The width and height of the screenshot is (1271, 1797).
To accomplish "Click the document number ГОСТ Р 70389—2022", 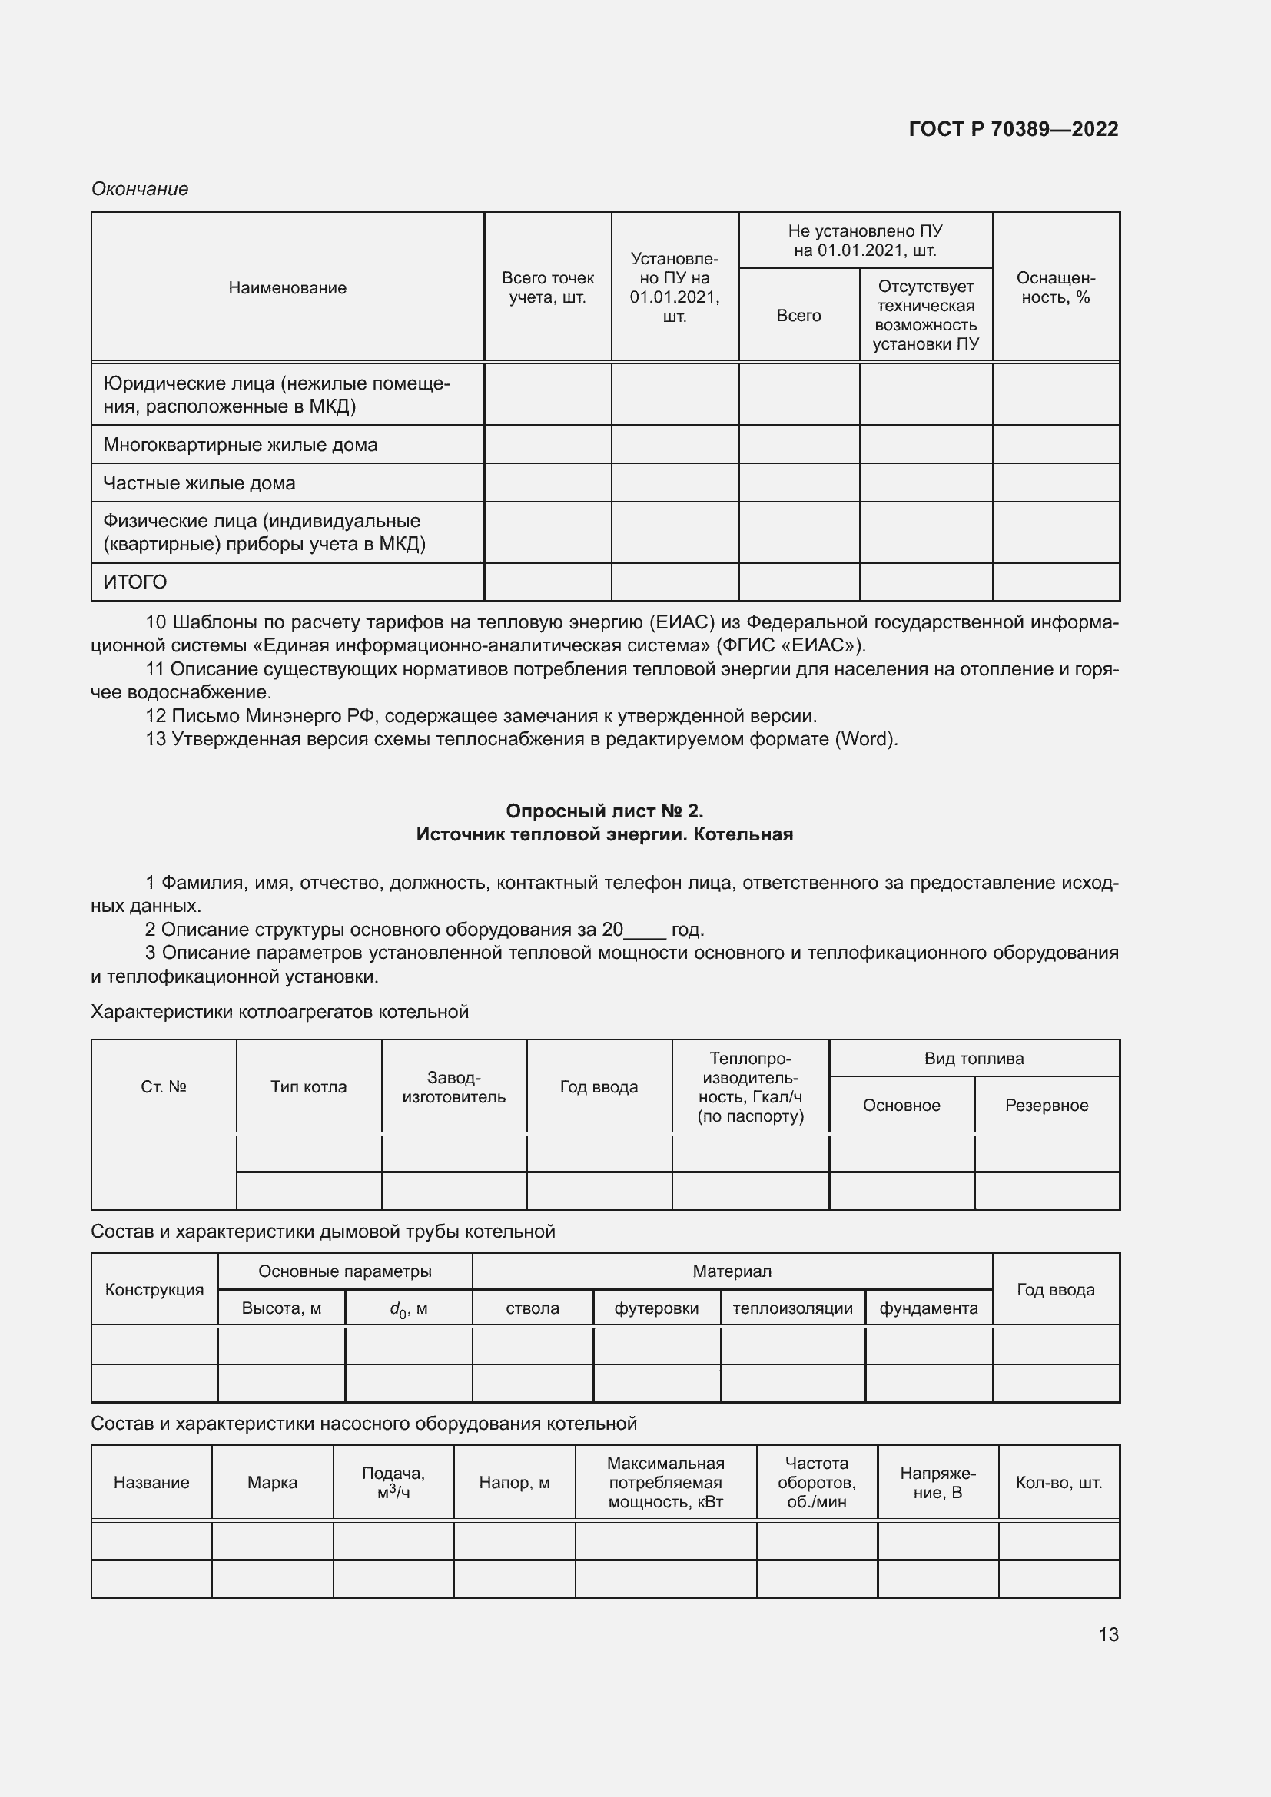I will (1013, 129).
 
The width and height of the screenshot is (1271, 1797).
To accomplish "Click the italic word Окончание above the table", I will (139, 189).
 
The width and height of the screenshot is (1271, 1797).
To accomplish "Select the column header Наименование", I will (287, 288).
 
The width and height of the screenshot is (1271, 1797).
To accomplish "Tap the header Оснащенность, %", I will (1055, 288).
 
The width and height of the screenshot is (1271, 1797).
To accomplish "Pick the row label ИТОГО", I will (134, 582).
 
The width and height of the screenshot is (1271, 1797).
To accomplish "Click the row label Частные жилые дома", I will (199, 483).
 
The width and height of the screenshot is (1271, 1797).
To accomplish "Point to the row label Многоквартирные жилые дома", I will (241, 445).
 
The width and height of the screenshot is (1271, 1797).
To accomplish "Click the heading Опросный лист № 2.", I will (604, 811).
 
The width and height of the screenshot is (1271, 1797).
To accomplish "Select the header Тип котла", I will (308, 1086).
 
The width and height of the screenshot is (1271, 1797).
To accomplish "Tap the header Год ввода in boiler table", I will (599, 1086).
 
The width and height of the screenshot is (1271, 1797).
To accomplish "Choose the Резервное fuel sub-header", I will (1047, 1105).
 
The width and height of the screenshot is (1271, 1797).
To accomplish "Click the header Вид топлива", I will (974, 1058).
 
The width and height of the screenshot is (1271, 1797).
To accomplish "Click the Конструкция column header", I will (154, 1290).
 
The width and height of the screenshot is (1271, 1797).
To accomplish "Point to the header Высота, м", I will (281, 1308).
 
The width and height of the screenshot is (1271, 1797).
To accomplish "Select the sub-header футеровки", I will (655, 1308).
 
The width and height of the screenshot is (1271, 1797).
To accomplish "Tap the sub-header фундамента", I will (928, 1308).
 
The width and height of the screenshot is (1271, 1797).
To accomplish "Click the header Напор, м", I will (514, 1482).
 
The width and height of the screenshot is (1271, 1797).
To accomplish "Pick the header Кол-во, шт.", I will (1058, 1482).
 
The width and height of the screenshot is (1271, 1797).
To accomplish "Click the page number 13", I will (1108, 1634).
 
